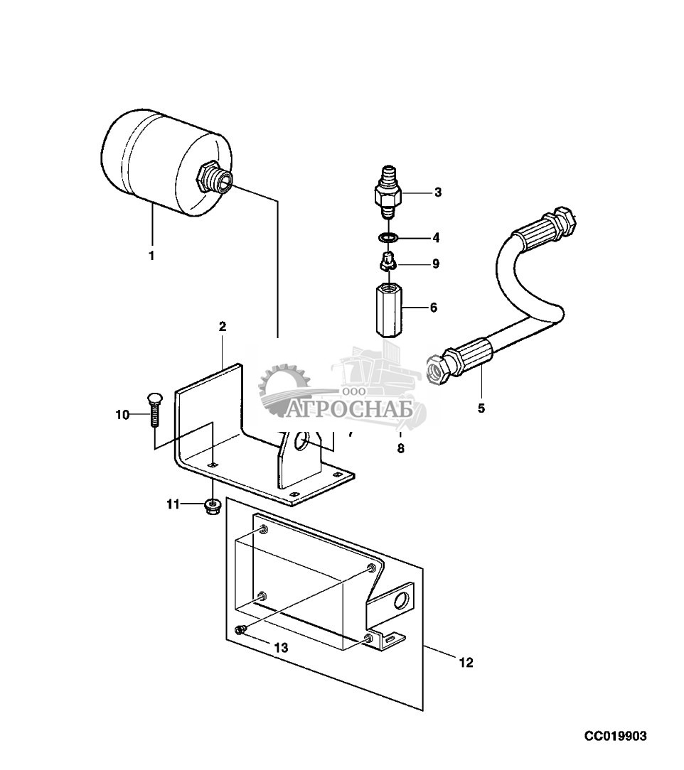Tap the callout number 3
[438, 192]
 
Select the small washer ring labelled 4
[386, 237]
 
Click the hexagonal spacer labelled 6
[388, 308]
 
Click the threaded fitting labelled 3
[386, 192]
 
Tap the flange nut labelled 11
[212, 506]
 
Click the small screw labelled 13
[240, 629]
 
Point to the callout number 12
[465, 663]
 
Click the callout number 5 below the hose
[481, 408]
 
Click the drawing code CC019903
[616, 737]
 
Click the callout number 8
[400, 448]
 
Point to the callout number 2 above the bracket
[223, 327]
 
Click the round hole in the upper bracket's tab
[302, 443]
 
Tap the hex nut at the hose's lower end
[435, 368]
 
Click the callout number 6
[433, 308]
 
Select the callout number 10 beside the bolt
[122, 414]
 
